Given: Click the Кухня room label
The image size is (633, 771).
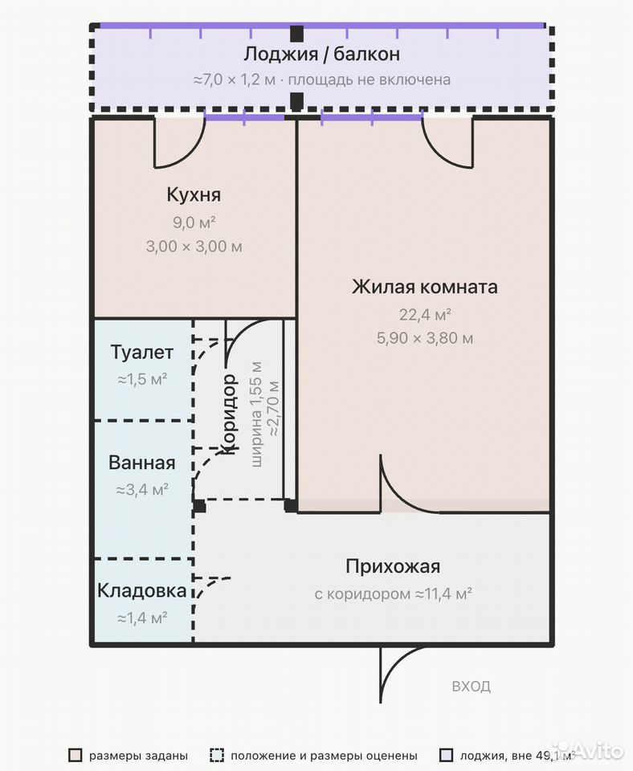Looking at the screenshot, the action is (x=194, y=194).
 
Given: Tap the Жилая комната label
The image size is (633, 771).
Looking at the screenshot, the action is (x=424, y=287).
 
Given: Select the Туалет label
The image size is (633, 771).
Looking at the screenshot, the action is (x=141, y=353).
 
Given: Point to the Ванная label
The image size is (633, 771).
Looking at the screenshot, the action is (x=141, y=463).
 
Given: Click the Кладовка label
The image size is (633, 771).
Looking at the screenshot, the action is (x=141, y=590).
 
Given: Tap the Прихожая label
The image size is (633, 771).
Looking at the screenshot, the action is (x=393, y=566).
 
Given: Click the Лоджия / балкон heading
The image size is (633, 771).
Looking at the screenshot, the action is (x=321, y=54).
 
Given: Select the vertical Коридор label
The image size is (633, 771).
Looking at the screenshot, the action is (x=229, y=414).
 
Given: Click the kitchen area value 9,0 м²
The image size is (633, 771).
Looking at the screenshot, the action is (x=194, y=222).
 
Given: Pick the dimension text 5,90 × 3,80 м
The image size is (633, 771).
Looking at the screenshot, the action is (x=425, y=338).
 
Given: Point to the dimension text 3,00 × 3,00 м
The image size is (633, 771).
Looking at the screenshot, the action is (x=194, y=247).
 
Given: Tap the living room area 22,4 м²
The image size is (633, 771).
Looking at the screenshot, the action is (x=425, y=315).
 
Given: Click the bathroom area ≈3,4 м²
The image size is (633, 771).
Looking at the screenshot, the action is (x=142, y=490).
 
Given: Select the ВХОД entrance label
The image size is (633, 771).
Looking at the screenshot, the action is (x=472, y=687).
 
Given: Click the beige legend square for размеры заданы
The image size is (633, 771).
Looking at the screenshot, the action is (x=76, y=755).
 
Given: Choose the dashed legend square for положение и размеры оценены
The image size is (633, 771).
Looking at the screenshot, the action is (x=216, y=755).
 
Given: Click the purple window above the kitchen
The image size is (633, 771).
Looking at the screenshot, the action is (x=244, y=117).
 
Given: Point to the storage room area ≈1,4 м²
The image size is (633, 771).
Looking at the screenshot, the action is (x=142, y=618).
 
